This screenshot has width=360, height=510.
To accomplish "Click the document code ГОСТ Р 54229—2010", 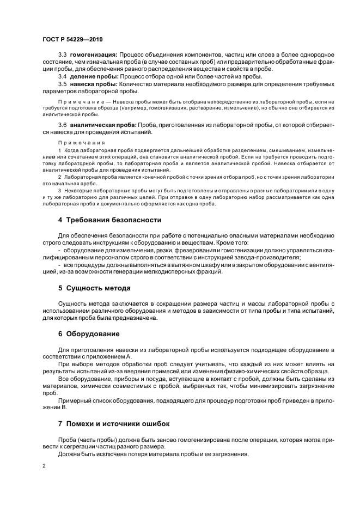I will point(72,40).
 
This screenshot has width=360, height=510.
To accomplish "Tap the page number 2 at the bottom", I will point(44,466).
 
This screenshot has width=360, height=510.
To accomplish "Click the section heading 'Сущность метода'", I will point(98,288).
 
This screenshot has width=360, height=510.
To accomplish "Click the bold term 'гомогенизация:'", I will point(94,56).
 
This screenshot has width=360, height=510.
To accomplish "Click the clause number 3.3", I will point(62,56).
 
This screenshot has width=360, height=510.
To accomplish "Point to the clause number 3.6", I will point(62,126).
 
